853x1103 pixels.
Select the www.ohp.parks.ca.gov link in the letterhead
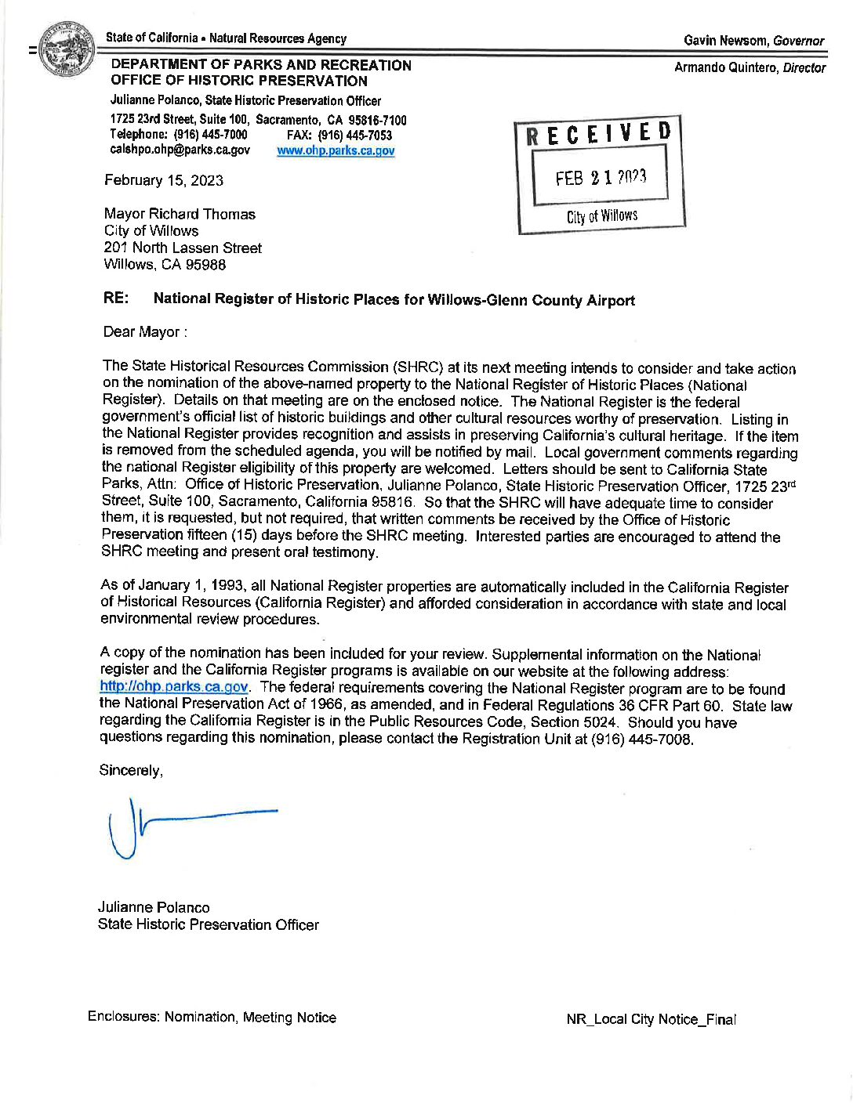tap(336, 151)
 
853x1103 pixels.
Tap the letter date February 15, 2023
tap(164, 181)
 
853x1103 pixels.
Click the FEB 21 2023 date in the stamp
tap(601, 178)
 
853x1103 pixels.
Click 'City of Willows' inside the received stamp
tap(602, 216)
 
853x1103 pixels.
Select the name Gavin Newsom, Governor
tap(753, 41)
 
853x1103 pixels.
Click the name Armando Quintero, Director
tap(750, 68)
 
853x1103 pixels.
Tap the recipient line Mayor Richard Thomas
tap(180, 214)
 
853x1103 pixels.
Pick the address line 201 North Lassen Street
tap(183, 248)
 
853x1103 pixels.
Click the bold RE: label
tap(116, 298)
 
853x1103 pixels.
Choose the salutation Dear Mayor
tap(145, 332)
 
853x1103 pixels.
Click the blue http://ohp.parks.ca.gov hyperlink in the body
tap(174, 687)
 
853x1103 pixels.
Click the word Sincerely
tap(131, 771)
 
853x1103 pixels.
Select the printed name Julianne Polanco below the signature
tap(154, 907)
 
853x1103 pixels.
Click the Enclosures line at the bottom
tap(212, 1018)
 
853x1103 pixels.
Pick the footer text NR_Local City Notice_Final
tap(651, 1019)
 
